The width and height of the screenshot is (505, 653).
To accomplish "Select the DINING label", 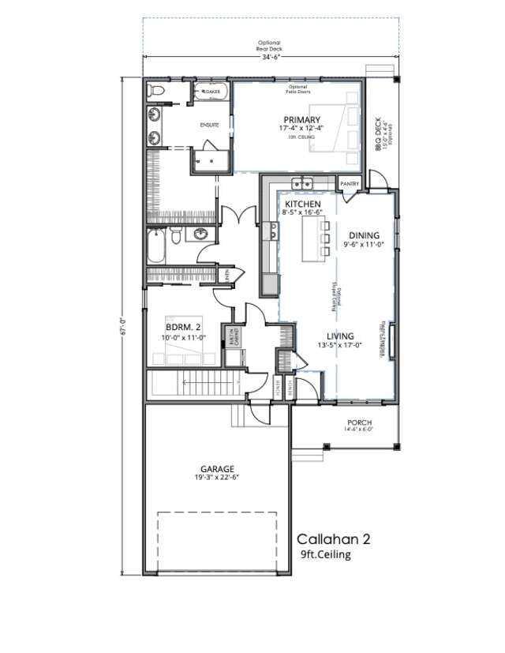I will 363,235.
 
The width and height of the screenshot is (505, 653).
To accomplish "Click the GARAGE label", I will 216,469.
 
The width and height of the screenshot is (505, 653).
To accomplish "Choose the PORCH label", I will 359,422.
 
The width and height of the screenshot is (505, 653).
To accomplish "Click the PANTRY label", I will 350,184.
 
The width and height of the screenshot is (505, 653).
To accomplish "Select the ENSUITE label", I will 209,125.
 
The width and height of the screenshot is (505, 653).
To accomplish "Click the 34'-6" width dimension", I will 269,55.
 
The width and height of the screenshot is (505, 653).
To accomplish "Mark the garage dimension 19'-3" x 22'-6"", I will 216,478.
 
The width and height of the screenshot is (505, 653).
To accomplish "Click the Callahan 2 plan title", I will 333,539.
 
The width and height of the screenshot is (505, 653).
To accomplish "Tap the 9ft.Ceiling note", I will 325,555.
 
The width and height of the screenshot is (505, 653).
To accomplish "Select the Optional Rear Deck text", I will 269,46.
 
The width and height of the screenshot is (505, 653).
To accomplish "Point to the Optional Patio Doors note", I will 297,89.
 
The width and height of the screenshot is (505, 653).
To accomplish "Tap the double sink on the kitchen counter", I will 301,185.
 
